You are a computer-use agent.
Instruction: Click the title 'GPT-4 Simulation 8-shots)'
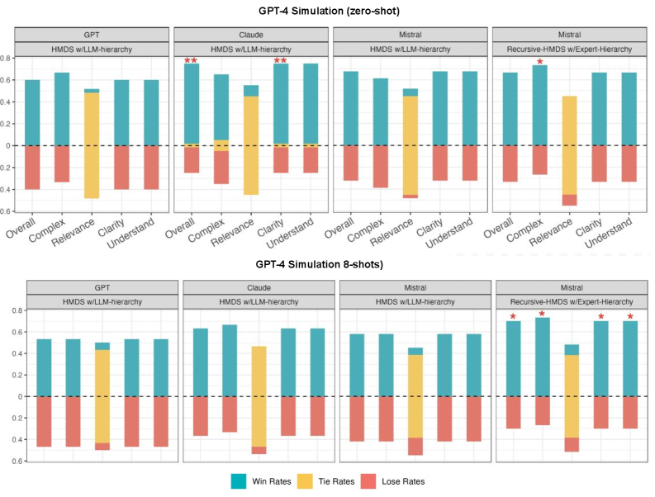(x=328, y=264)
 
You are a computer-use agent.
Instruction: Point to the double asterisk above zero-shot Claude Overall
(x=191, y=60)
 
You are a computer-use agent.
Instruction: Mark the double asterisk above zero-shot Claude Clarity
(x=280, y=60)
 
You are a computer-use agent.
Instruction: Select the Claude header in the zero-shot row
(x=250, y=35)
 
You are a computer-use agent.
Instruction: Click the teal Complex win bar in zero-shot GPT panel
(x=62, y=109)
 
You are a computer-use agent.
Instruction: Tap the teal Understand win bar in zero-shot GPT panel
(x=151, y=112)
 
